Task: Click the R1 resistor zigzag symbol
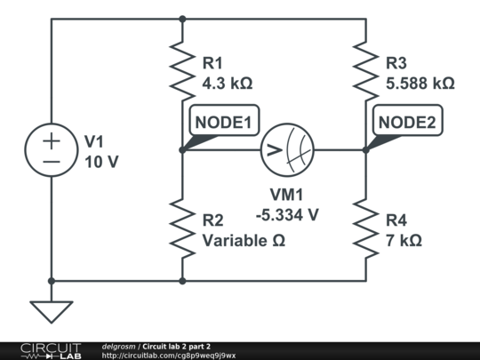pyautogui.click(x=182, y=71)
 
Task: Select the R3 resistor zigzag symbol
pyautogui.click(x=366, y=71)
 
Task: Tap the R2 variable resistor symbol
pyautogui.click(x=182, y=228)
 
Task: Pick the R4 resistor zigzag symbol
pyautogui.click(x=366, y=228)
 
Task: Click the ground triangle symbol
pyautogui.click(x=52, y=312)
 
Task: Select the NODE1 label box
pyautogui.click(x=224, y=120)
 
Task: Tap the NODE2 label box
pyautogui.click(x=408, y=120)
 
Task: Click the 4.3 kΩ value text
pyautogui.click(x=228, y=84)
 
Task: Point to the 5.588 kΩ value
pyautogui.click(x=420, y=84)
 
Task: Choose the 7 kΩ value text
pyautogui.click(x=404, y=241)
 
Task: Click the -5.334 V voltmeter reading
pyautogui.click(x=287, y=214)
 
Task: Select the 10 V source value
pyautogui.click(x=101, y=162)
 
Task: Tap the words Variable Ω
pyautogui.click(x=244, y=241)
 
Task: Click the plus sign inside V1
pyautogui.click(x=52, y=141)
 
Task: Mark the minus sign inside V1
pyautogui.click(x=52, y=162)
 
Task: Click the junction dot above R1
pyautogui.click(x=182, y=19)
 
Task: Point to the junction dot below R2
pyautogui.click(x=182, y=281)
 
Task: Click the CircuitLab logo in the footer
pyautogui.click(x=51, y=351)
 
